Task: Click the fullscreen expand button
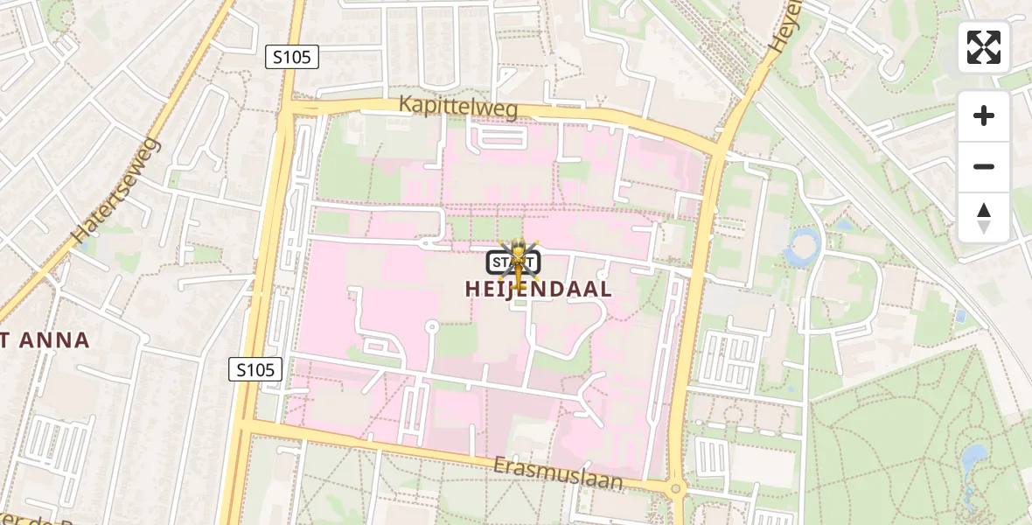(984, 47)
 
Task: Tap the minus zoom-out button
(984, 166)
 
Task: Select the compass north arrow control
(984, 217)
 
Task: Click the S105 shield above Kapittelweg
(292, 58)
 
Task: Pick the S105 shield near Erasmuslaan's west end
(255, 369)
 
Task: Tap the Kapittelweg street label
(458, 107)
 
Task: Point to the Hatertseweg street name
(116, 190)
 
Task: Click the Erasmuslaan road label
(557, 472)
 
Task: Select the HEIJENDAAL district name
(538, 290)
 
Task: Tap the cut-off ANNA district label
(45, 340)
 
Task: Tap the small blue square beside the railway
(961, 314)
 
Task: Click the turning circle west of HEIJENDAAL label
(431, 327)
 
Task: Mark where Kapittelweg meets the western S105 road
(288, 108)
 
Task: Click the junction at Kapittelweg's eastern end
(719, 150)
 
